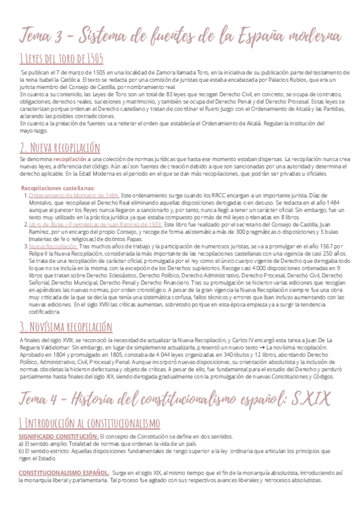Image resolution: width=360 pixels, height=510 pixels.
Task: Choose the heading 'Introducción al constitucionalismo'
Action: pyautogui.click(x=90, y=405)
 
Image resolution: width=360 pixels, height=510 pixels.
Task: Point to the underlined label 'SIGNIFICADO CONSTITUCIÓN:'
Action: pyautogui.click(x=58, y=419)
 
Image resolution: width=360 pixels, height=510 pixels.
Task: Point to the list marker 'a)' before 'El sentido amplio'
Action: pyautogui.click(x=21, y=426)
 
